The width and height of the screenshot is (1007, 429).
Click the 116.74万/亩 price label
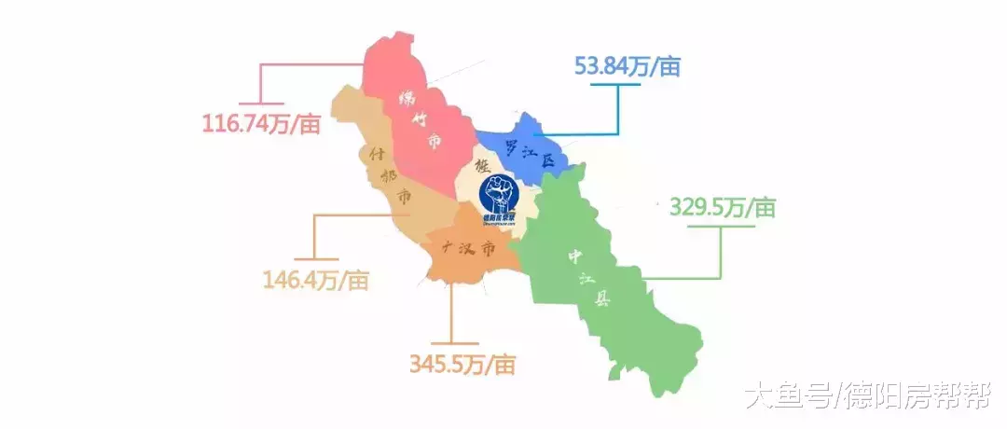coord(260,122)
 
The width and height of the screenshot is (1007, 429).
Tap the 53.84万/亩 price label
coord(628,67)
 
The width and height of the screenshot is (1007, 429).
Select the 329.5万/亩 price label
coord(722,207)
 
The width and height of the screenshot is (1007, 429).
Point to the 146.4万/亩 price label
coord(316,279)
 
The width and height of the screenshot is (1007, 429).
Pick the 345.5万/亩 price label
coord(462,364)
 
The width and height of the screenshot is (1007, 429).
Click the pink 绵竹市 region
coord(420,112)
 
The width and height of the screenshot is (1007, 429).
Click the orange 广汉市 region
coord(466,250)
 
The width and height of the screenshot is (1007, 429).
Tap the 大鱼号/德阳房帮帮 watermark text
coord(868,396)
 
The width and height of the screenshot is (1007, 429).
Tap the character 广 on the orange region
coord(447,247)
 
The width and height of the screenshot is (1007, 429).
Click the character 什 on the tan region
coord(375,151)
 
